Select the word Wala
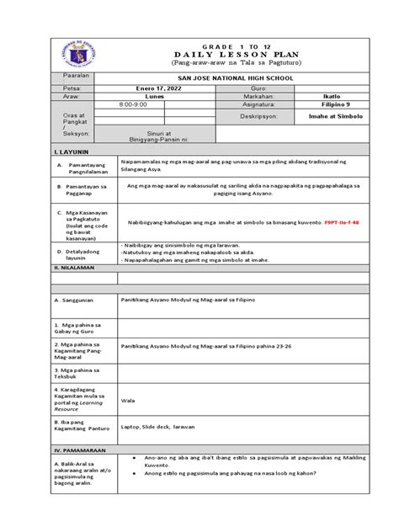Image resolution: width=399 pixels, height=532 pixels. pyautogui.click(x=129, y=401)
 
